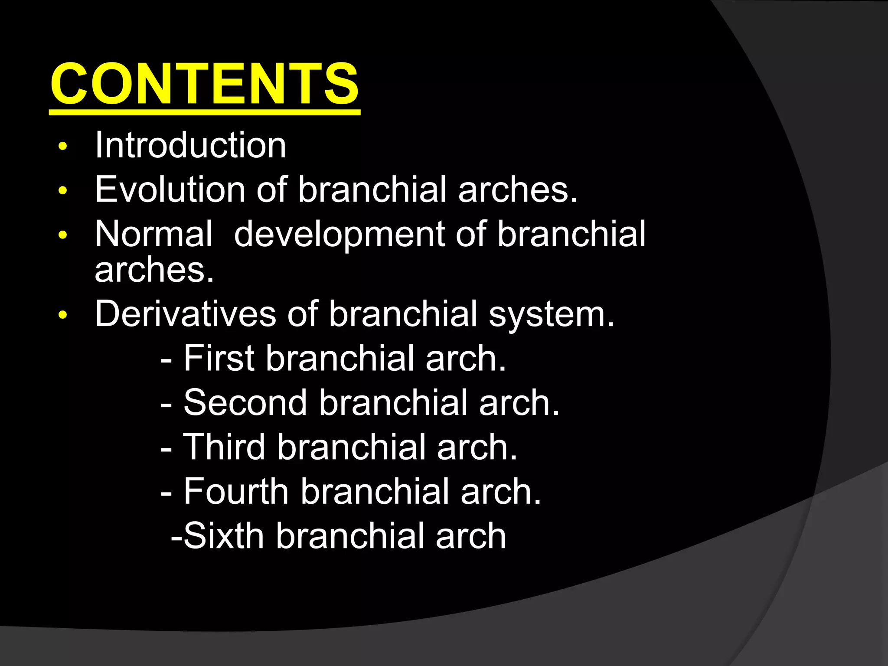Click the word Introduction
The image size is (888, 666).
click(190, 145)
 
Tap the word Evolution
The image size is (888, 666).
click(170, 189)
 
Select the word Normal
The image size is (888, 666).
click(153, 234)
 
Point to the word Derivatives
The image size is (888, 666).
click(185, 314)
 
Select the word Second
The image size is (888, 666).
click(245, 403)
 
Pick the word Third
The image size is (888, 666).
click(224, 447)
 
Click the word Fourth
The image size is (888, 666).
click(236, 492)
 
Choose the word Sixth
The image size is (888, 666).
click(224, 536)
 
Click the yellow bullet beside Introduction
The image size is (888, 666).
click(63, 146)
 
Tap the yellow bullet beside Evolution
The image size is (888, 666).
click(63, 190)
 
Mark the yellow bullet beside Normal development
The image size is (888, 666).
click(63, 235)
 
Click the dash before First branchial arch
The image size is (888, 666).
click(166, 360)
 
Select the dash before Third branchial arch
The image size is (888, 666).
click(166, 448)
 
